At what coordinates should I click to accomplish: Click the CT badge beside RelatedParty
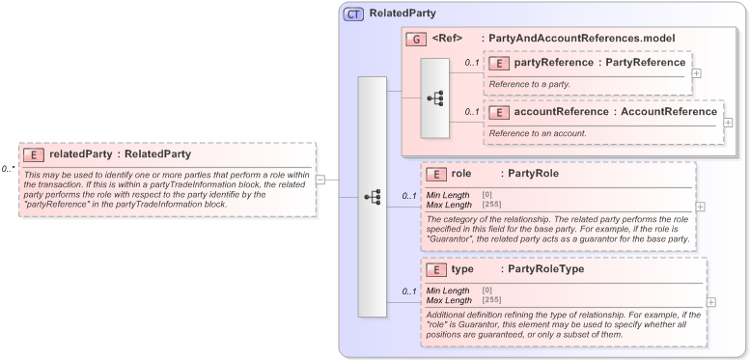pos(353,14)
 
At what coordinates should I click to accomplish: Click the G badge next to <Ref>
pos(417,39)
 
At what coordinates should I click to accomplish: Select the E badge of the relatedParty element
pos(34,153)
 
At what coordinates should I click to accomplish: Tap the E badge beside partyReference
pos(499,64)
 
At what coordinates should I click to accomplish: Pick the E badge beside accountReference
pos(499,112)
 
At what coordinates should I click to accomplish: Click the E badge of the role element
pos(436,175)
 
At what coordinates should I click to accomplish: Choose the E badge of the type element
pos(436,269)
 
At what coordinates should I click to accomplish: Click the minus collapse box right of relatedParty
pos(320,180)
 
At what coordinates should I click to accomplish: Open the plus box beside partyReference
pos(697,73)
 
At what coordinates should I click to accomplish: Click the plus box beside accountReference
pos(728,123)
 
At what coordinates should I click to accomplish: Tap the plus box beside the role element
pos(700,206)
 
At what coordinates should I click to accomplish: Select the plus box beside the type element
pos(711,301)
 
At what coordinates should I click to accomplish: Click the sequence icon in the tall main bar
pos(372,197)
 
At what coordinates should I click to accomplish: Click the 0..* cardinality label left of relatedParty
pos(8,169)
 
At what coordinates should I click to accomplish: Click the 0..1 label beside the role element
pos(409,197)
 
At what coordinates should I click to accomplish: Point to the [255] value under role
pos(492,204)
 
